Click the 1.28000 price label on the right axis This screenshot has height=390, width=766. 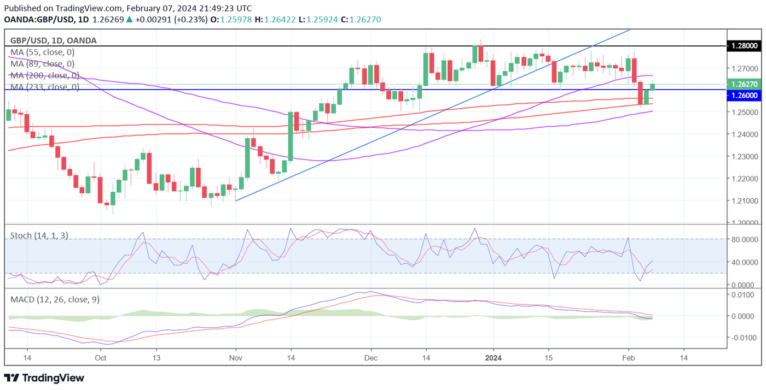745,46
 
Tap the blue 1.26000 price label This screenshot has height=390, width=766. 745,95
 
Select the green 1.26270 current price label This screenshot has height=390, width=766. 745,84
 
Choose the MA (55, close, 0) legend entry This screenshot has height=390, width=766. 42,52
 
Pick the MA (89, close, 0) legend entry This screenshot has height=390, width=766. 42,64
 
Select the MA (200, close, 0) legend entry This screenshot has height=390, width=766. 44,75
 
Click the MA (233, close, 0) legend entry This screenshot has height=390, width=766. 44,87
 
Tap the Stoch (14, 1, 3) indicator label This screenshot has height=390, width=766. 39,235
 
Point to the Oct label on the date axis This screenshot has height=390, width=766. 100,358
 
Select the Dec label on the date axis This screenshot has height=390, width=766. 371,358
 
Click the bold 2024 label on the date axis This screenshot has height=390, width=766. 494,358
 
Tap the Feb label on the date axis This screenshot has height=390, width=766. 628,358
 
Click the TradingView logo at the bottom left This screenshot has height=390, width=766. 44,378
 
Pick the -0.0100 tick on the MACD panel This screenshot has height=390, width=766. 746,338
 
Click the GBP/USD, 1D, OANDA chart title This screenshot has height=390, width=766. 54,40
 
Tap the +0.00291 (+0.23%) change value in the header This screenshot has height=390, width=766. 171,20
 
